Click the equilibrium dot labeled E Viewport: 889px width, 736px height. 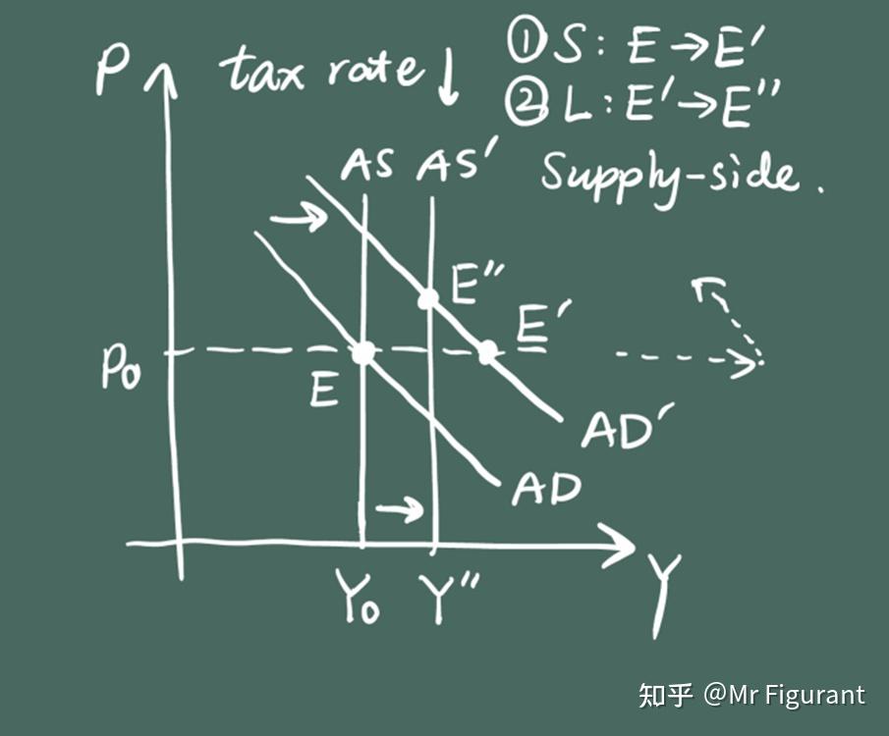363,352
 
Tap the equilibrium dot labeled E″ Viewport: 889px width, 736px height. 427,298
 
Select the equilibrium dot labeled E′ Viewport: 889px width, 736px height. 486,352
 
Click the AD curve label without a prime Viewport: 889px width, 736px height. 546,488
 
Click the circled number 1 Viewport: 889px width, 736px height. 523,40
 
